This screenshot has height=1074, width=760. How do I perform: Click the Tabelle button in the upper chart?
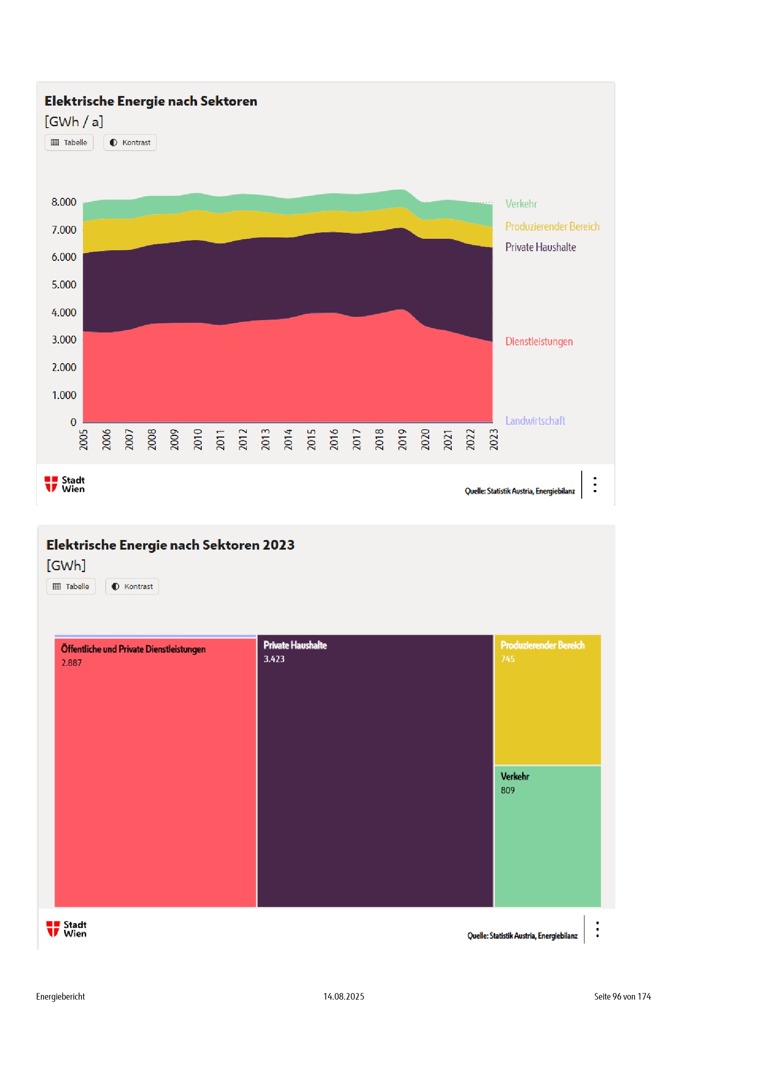pos(69,143)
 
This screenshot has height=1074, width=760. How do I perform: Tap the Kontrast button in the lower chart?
pos(132,586)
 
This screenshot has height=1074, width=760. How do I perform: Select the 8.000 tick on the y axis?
pos(64,202)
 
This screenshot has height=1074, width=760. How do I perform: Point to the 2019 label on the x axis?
pos(402,440)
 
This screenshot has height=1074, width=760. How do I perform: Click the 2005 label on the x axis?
pos(83,440)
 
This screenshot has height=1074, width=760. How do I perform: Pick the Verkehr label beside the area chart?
pos(521,204)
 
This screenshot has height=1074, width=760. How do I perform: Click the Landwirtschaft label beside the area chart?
pos(535,421)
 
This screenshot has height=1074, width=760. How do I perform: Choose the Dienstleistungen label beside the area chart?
pos(539,342)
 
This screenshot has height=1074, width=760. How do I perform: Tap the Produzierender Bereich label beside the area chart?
pos(552,227)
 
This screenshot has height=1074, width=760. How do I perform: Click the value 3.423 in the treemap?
pos(274,659)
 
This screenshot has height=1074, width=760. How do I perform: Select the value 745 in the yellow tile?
pos(507,659)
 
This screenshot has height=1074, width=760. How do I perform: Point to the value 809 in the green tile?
pos(507,791)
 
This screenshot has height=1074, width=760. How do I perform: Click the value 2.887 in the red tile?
pos(71,663)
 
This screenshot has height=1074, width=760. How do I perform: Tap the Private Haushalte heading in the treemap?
pos(295,646)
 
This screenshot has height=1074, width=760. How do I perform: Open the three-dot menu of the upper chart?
pos(595,484)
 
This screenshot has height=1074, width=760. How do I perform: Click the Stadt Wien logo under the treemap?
pos(66,929)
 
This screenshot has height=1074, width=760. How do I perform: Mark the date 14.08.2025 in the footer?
pos(344,996)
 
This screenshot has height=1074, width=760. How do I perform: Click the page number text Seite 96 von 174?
pos(622,996)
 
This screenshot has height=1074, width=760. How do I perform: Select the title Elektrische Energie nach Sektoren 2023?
pos(170,545)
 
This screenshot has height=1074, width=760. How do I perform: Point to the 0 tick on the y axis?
pos(73,422)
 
